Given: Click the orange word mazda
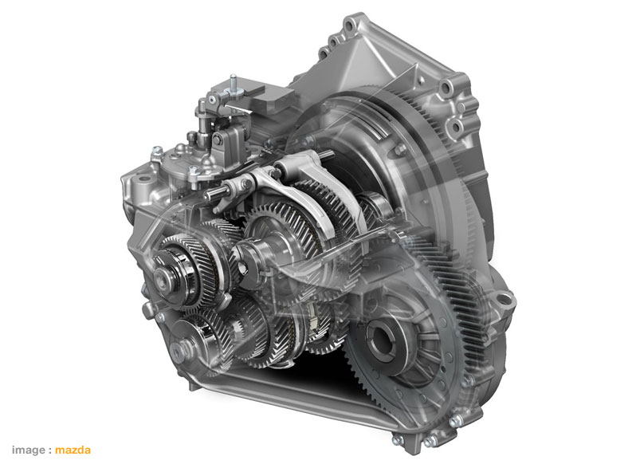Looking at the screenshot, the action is (73, 450).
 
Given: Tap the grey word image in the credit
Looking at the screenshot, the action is (29, 450).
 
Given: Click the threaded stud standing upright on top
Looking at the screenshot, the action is (233, 83).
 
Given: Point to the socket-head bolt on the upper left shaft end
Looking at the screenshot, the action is (163, 279).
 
